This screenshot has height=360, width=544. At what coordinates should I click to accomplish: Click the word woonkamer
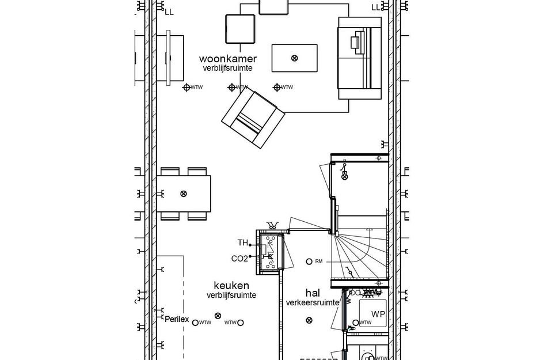tap(228, 59)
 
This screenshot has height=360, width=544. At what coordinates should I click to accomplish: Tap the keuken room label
tap(231, 285)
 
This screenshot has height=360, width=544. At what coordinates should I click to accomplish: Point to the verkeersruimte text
tap(311, 302)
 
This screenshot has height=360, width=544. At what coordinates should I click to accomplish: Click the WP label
tap(378, 314)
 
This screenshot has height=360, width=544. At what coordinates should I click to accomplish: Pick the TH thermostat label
tap(242, 242)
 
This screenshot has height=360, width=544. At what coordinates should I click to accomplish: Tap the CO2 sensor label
tap(239, 259)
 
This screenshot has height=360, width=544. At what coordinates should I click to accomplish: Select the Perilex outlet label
tap(176, 319)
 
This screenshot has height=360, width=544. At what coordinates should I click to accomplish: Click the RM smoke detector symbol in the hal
tap(309, 261)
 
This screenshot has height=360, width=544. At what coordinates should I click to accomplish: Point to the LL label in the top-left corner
tap(169, 11)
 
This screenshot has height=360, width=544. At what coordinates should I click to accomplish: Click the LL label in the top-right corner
tap(376, 7)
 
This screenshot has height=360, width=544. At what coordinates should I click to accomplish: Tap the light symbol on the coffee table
tap(295, 58)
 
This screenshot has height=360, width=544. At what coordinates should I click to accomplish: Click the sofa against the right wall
tap(359, 58)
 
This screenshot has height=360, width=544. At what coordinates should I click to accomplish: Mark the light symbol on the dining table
tap(184, 194)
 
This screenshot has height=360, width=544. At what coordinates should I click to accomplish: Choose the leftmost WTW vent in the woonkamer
tap(187, 88)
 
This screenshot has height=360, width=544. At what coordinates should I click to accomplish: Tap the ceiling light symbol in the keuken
tap(218, 316)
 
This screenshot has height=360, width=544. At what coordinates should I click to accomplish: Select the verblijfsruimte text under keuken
tap(231, 295)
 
